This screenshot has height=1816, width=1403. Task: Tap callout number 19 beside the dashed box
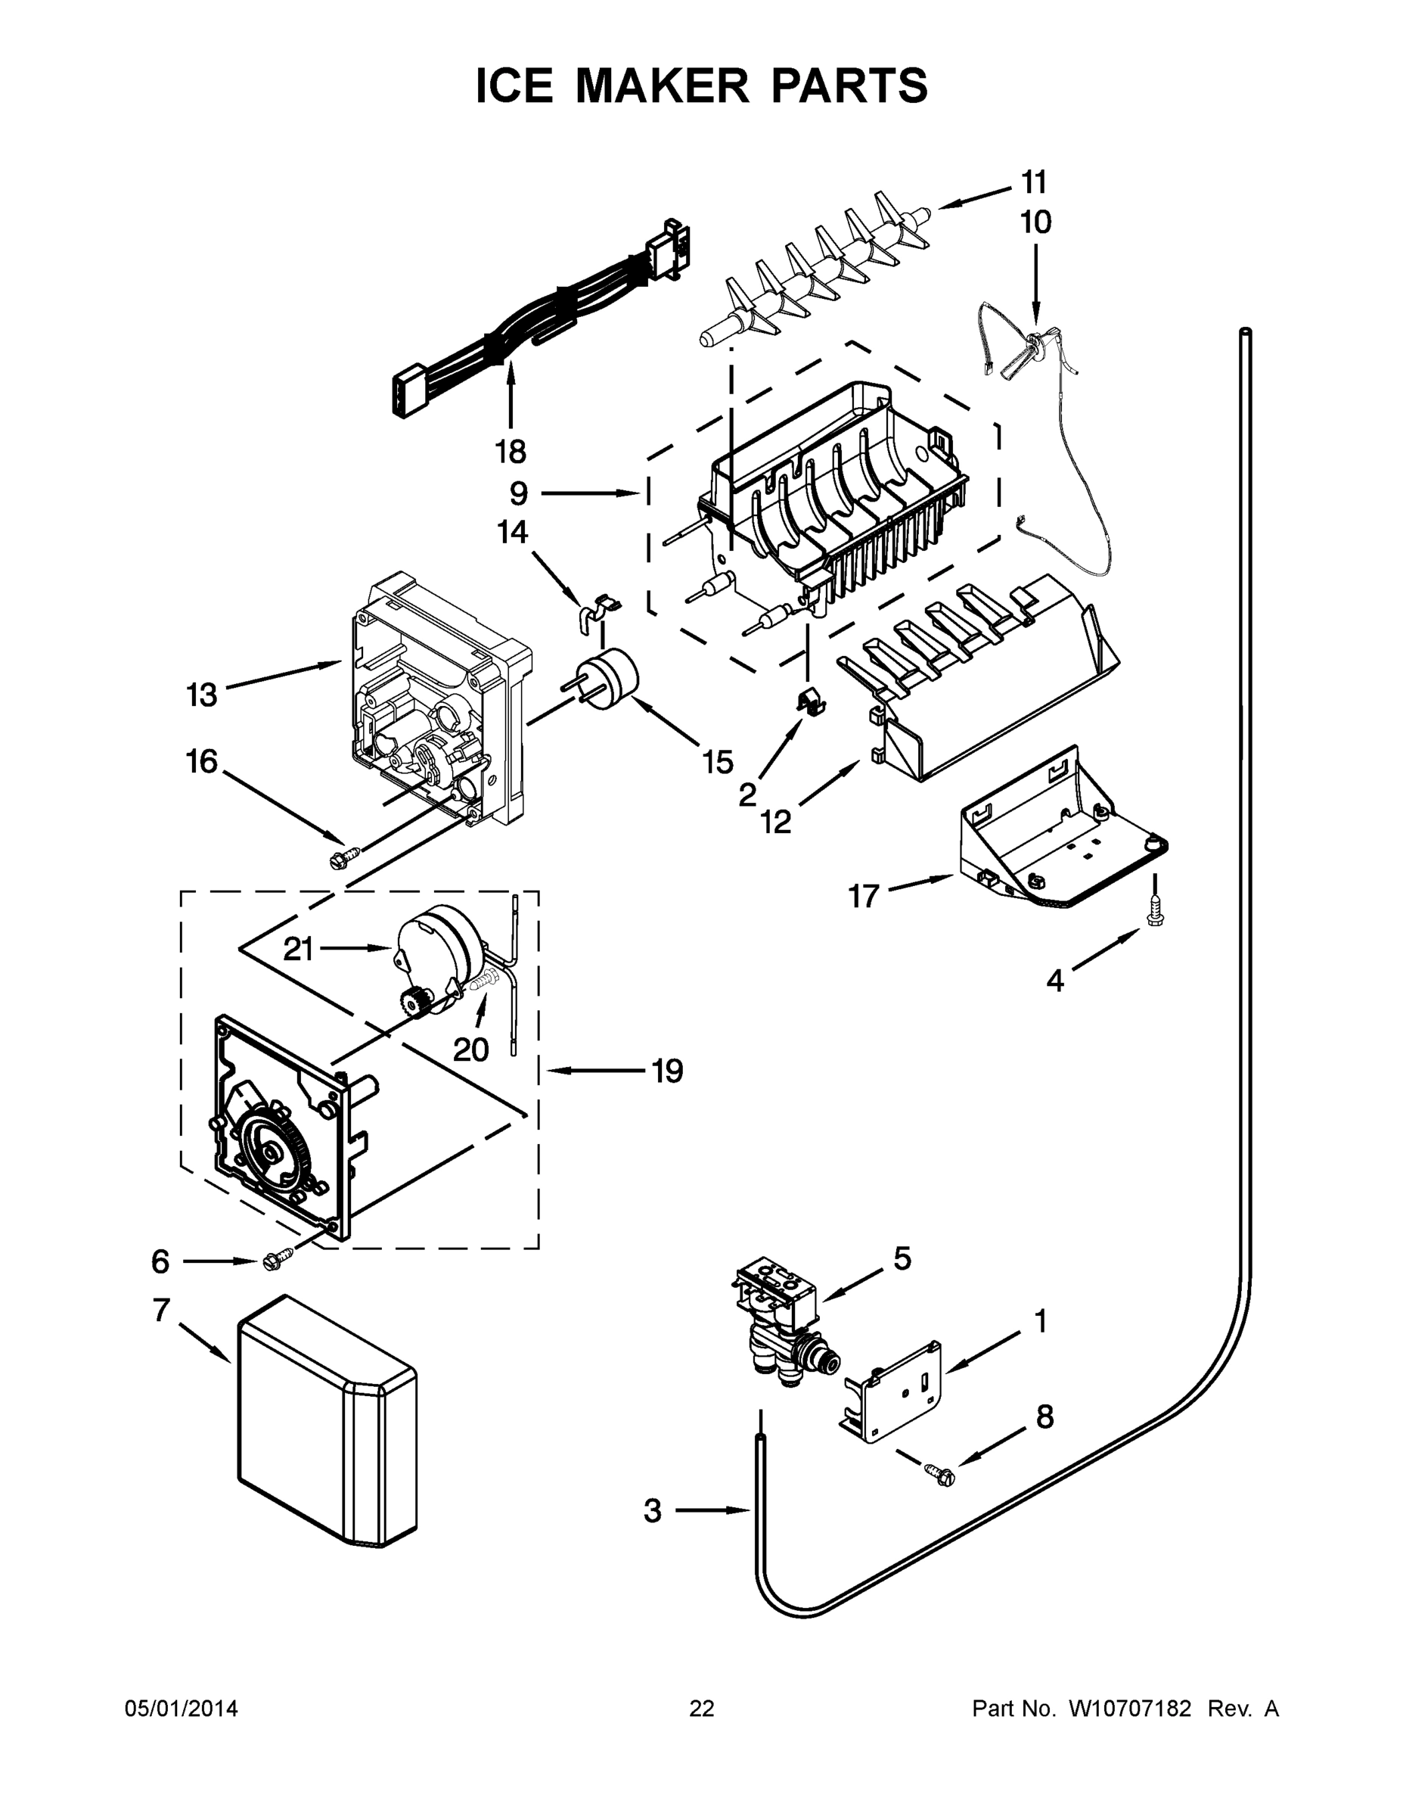pos(666,1071)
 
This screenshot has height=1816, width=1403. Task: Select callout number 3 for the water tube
pos(653,1511)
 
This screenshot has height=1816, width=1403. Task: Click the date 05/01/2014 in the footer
pos(182,1708)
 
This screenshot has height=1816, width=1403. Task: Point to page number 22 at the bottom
pos(702,1708)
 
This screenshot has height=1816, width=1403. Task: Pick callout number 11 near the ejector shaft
pos(1033,182)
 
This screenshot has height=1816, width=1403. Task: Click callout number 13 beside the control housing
pos(201,695)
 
